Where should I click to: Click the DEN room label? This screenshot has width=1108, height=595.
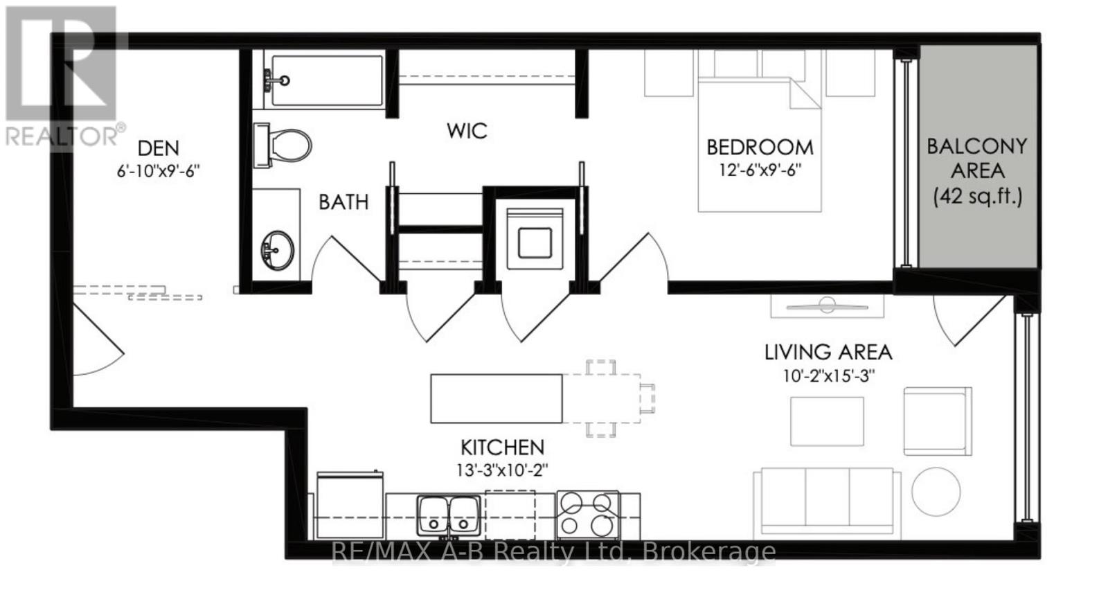pyautogui.click(x=159, y=148)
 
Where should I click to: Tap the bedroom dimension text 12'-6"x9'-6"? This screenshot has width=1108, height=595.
pyautogui.click(x=760, y=170)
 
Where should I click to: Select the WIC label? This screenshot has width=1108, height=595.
pyautogui.click(x=467, y=131)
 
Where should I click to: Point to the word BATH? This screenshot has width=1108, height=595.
pyautogui.click(x=343, y=202)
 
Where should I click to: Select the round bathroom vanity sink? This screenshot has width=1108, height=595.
pyautogui.click(x=277, y=249)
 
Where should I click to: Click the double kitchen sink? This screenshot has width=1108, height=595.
pyautogui.click(x=448, y=515)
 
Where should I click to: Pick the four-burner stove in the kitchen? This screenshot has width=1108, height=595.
pyautogui.click(x=588, y=513)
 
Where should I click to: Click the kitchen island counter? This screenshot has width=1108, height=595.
pyautogui.click(x=497, y=398)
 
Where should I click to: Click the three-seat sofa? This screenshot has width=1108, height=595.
pyautogui.click(x=827, y=502)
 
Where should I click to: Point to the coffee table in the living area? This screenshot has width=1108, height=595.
pyautogui.click(x=827, y=421)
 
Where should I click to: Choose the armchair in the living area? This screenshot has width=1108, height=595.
pyautogui.click(x=937, y=421)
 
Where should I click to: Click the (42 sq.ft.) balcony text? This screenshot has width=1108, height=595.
pyautogui.click(x=977, y=197)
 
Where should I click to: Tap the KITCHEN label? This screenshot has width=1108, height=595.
pyautogui.click(x=503, y=447)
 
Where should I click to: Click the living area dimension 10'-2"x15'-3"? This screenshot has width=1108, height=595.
pyautogui.click(x=829, y=376)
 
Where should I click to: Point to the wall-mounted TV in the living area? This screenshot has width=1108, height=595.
pyautogui.click(x=827, y=304)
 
